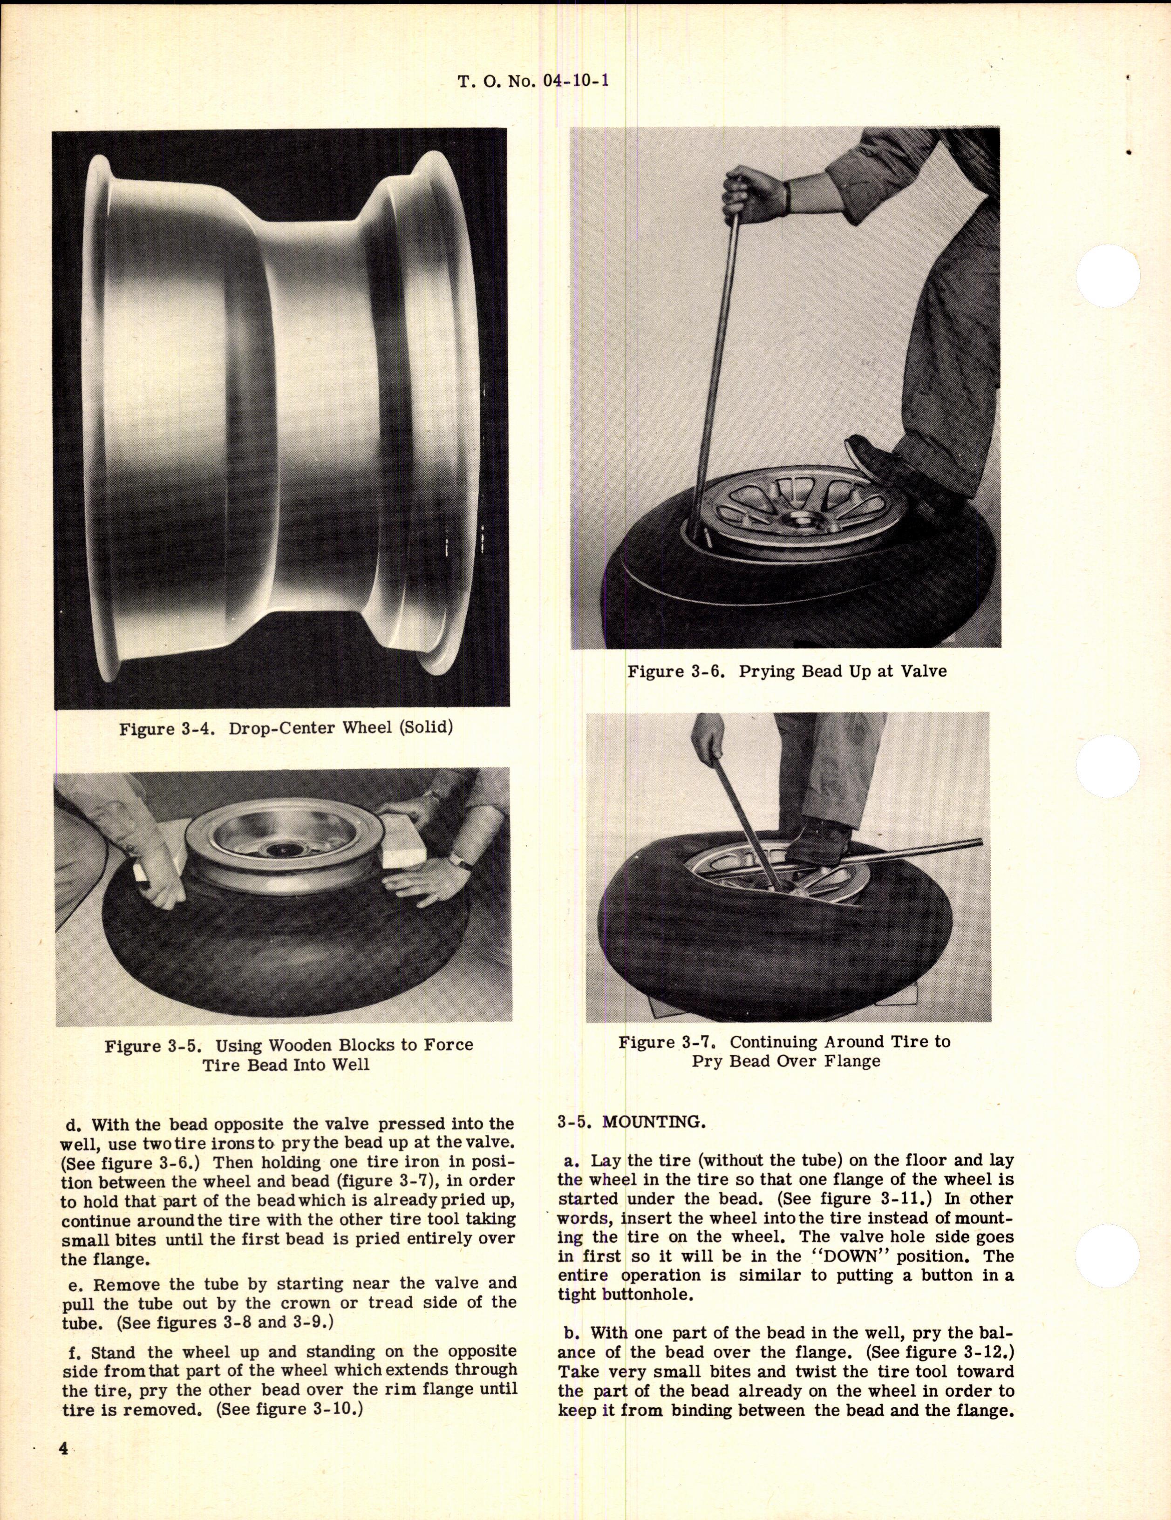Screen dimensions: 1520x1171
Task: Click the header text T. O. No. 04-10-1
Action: click(534, 81)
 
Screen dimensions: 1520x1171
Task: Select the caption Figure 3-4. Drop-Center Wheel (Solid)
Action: click(286, 729)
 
